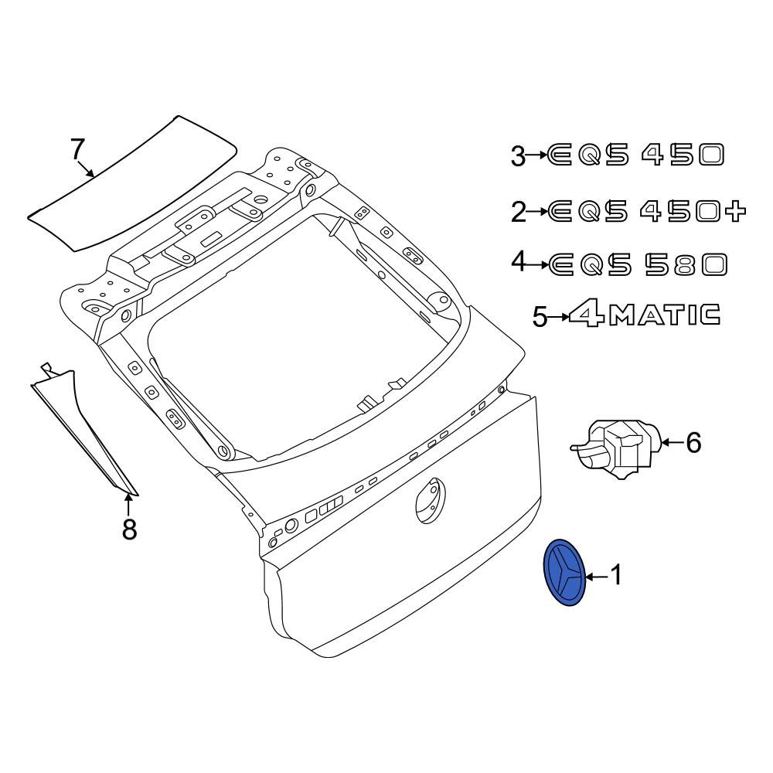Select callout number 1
pyautogui.click(x=616, y=575)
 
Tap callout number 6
pyautogui.click(x=693, y=442)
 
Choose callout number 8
pyautogui.click(x=128, y=530)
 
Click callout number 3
pyautogui.click(x=518, y=156)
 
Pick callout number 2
pyautogui.click(x=519, y=212)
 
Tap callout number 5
pyautogui.click(x=540, y=316)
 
